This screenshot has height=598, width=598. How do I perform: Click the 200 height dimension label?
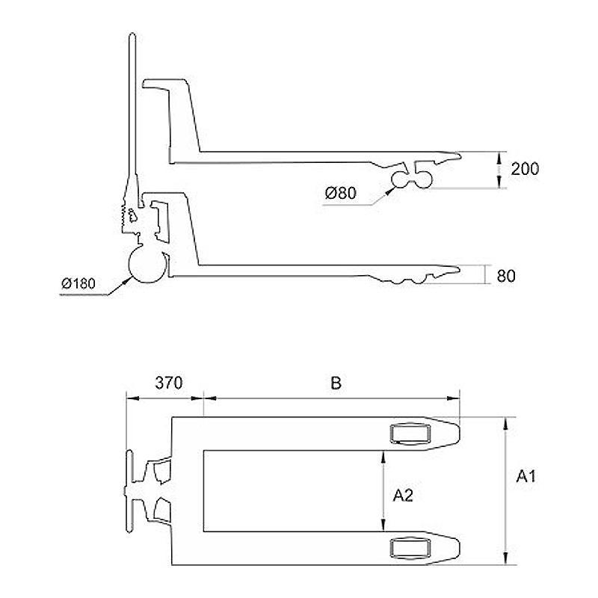(525, 169)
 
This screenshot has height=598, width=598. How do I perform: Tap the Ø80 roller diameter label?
(341, 193)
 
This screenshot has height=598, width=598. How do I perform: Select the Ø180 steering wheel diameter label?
(78, 283)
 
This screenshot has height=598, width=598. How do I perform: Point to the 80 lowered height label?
(506, 276)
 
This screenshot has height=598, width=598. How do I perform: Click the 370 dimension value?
(169, 383)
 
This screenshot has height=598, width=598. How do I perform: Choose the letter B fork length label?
(336, 383)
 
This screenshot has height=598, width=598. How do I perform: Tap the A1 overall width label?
(526, 476)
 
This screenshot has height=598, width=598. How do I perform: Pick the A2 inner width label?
(403, 496)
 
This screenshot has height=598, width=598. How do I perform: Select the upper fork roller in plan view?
(410, 434)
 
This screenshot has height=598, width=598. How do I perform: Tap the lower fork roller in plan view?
(410, 548)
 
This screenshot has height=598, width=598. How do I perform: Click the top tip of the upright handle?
(132, 34)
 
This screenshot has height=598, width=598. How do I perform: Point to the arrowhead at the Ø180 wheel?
(126, 282)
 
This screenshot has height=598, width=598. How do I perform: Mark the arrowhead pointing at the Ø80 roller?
(389, 191)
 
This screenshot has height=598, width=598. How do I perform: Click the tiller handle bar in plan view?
(129, 491)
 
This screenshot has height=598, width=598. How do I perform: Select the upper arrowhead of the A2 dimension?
(383, 457)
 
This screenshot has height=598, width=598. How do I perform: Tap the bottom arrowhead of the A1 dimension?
(506, 558)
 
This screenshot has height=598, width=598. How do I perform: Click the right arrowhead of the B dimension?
(453, 398)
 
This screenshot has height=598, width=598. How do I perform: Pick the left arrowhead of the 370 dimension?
(132, 398)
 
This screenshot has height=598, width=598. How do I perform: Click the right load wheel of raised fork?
(423, 179)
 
